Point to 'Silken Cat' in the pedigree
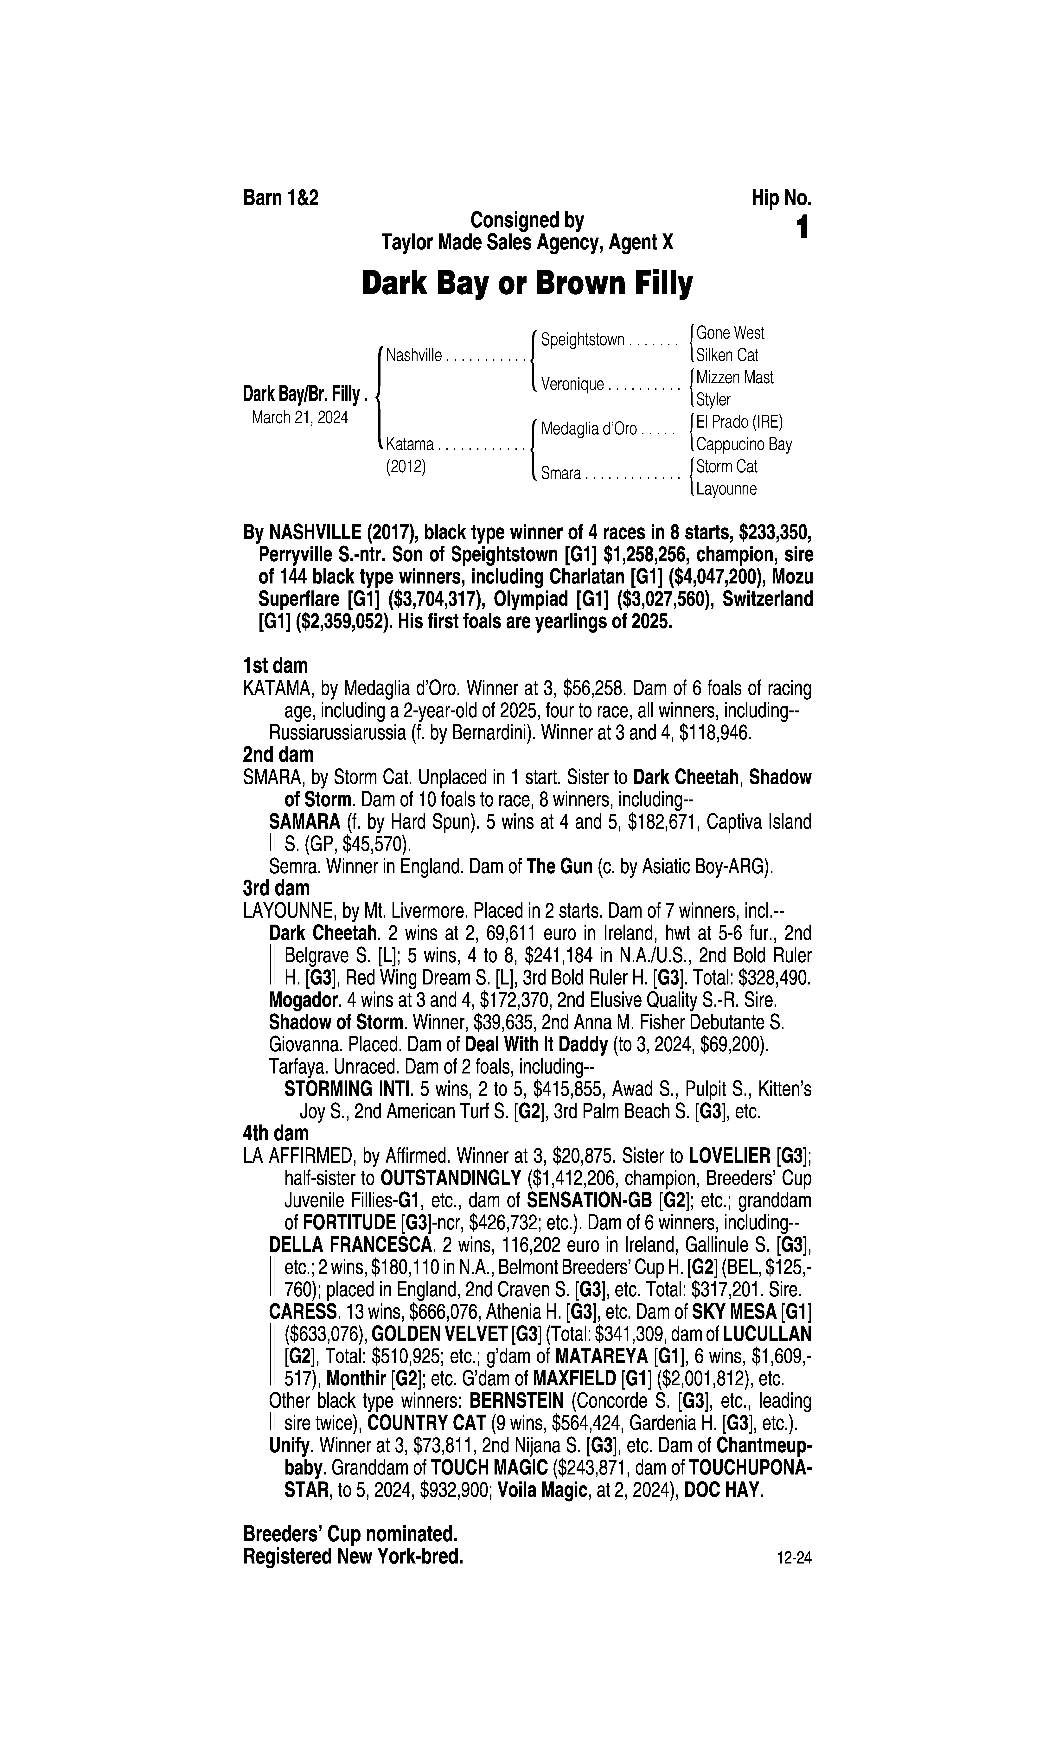click(727, 355)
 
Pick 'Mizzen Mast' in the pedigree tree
click(735, 377)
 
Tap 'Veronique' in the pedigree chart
click(572, 385)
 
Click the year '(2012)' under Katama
click(406, 467)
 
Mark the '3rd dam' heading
click(277, 888)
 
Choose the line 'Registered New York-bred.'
click(353, 1557)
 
